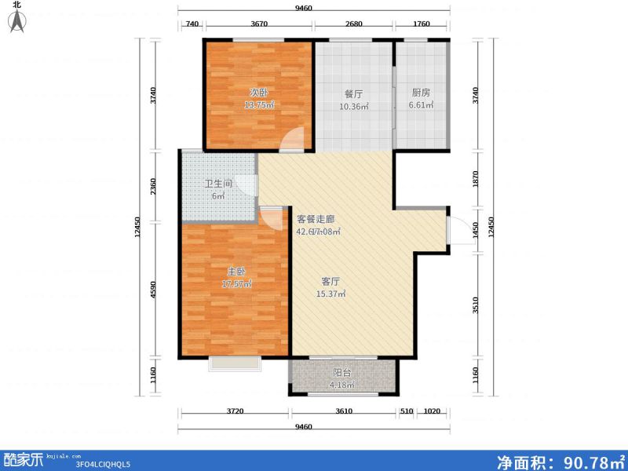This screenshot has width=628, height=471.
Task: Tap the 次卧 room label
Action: pyautogui.click(x=259, y=92)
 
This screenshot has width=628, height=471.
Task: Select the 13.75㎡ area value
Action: pyautogui.click(x=259, y=106)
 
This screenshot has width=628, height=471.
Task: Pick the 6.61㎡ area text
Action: pyautogui.click(x=422, y=106)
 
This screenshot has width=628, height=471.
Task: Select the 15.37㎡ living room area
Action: pyautogui.click(x=330, y=294)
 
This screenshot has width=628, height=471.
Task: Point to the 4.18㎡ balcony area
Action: pyautogui.click(x=341, y=385)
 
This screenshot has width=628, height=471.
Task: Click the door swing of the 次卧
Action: pyautogui.click(x=291, y=140)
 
